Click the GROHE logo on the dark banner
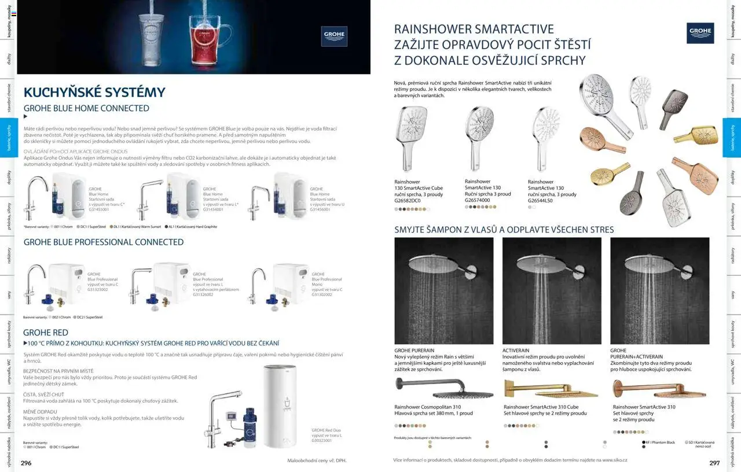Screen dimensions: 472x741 coord(334,36)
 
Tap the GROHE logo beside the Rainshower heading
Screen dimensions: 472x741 coord(700,33)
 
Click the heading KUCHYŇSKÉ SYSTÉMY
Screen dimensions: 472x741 coord(94,93)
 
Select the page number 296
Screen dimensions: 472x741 coord(27,463)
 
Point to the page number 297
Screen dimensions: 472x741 coord(714,463)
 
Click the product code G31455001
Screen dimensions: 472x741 coord(100,209)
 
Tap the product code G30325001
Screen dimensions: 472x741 coord(322,441)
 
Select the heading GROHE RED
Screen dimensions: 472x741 coord(46,333)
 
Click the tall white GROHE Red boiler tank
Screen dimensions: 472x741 coord(280,406)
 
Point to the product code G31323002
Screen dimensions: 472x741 coord(98,289)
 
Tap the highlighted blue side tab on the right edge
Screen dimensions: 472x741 coord(732,138)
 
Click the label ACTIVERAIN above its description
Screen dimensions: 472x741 coord(516,351)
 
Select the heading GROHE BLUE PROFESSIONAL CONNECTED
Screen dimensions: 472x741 coord(104,242)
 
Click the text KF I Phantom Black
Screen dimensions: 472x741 coord(661,443)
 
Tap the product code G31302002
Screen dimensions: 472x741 coord(322,294)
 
